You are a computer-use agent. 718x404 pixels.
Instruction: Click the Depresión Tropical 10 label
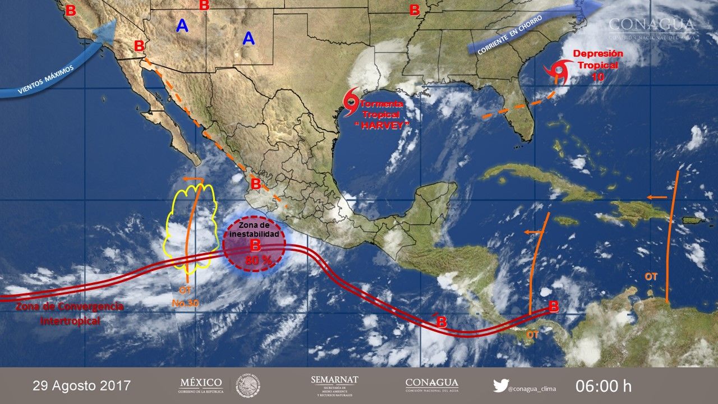click(x=597, y=65)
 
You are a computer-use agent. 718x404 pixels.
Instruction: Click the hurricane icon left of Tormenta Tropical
click(x=351, y=103)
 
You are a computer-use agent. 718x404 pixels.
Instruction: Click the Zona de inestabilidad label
click(x=255, y=230)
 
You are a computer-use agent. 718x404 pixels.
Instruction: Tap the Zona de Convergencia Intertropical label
click(x=70, y=314)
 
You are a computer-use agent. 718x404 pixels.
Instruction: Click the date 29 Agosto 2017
click(x=81, y=386)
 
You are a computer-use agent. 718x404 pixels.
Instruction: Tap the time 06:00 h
click(x=603, y=386)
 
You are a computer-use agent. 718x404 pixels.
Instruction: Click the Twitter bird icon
click(x=500, y=385)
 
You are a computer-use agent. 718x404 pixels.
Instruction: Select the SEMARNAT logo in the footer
click(x=334, y=385)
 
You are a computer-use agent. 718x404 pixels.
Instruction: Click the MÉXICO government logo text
click(x=200, y=383)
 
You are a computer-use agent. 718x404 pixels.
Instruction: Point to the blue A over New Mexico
click(x=248, y=38)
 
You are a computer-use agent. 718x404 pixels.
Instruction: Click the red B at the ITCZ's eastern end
click(x=554, y=306)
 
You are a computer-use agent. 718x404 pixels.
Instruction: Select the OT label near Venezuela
click(x=651, y=277)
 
